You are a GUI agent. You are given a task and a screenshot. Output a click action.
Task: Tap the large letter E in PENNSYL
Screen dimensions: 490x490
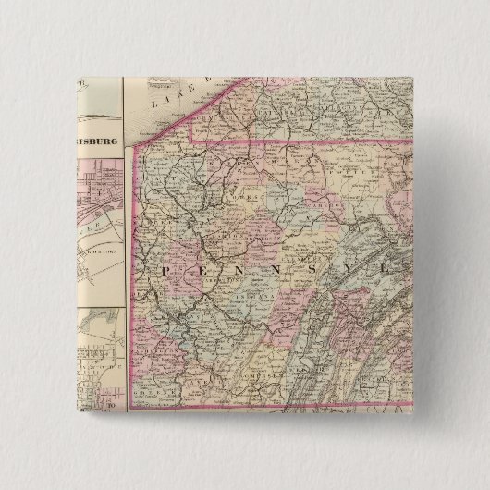pos(201,269)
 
